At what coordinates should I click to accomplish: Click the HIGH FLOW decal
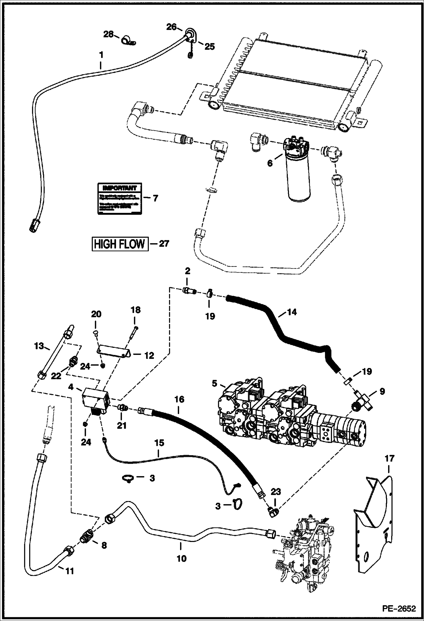[119, 244]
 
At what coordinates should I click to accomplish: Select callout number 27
[163, 244]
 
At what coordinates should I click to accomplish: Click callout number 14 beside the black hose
[292, 312]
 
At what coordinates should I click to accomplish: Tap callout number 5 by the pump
[215, 384]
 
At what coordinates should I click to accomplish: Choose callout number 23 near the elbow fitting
[276, 492]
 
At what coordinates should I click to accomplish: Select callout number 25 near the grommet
[209, 47]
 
